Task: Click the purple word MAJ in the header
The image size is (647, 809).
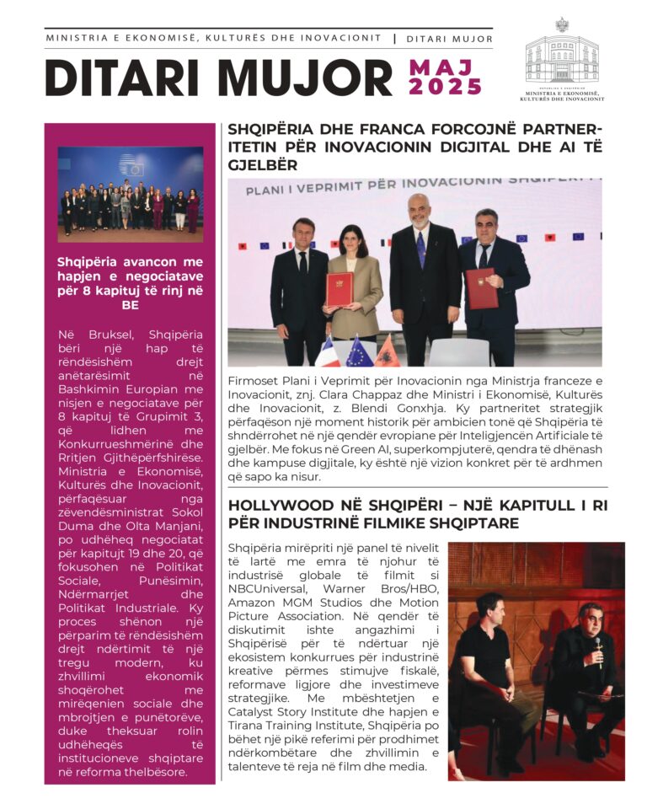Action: pyautogui.click(x=442, y=67)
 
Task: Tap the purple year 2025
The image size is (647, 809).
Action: pyautogui.click(x=445, y=87)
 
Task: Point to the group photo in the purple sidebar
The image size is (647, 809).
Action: pyautogui.click(x=131, y=194)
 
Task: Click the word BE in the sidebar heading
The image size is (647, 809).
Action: pyautogui.click(x=130, y=305)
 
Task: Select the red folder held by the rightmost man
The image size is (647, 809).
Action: pyautogui.click(x=481, y=287)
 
